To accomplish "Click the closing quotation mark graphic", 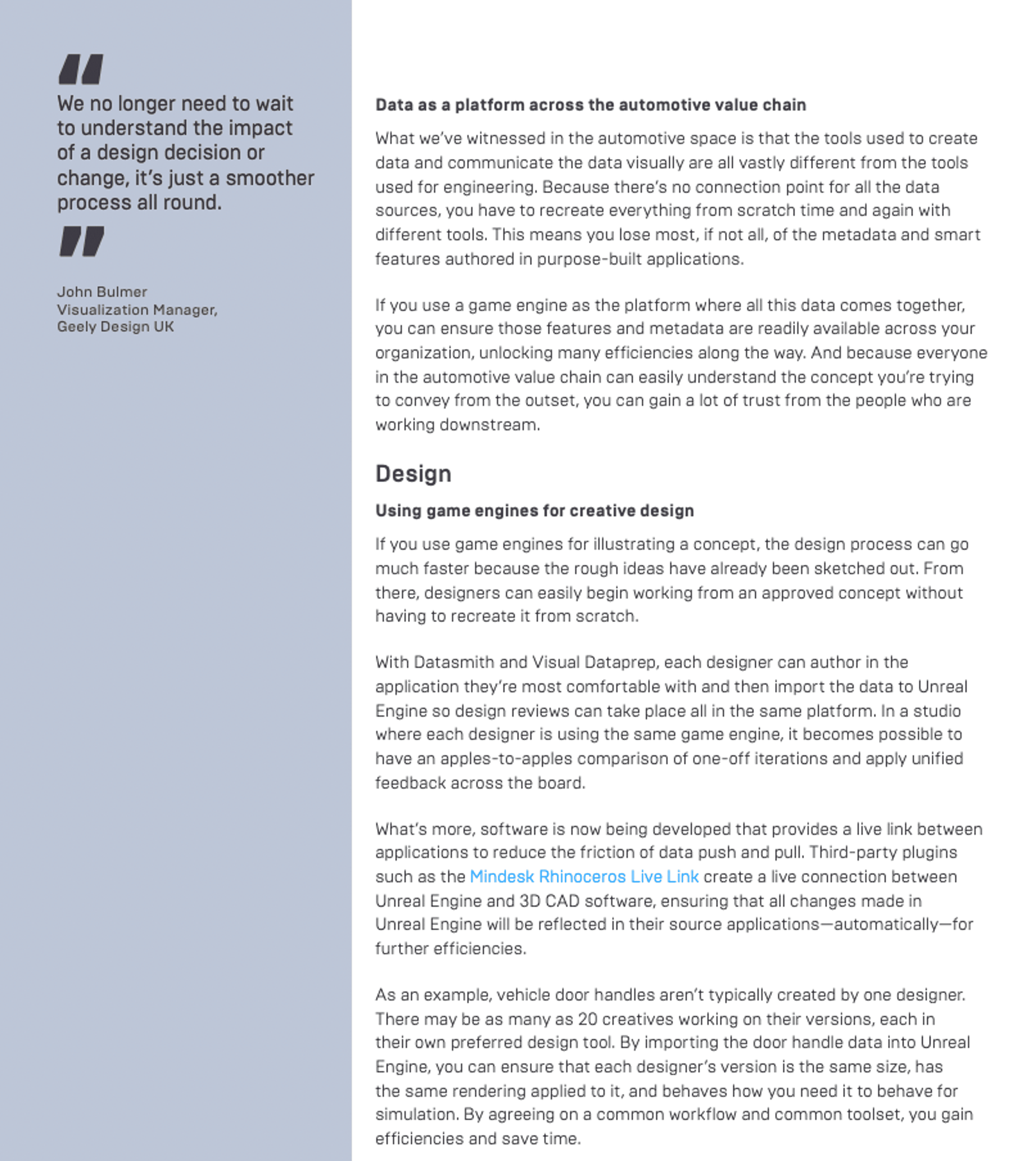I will pos(82,241).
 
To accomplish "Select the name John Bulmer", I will pos(102,292).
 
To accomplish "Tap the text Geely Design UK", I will pos(115,327).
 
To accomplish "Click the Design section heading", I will pos(413,474).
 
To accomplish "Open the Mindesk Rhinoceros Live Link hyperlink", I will pos(584,877).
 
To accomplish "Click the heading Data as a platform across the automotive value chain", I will pos(590,105).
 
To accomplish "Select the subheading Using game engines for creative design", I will pos(534,511).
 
